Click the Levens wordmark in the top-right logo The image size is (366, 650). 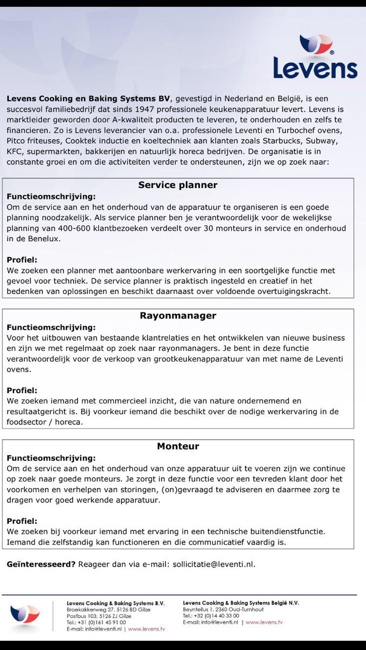(x=315, y=68)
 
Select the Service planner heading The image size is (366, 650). (x=178, y=185)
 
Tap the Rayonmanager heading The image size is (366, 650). (x=178, y=316)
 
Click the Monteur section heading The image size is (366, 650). (x=178, y=446)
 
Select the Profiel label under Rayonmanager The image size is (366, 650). (x=22, y=391)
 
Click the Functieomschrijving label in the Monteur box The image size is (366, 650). (x=51, y=458)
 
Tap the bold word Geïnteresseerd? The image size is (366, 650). (x=41, y=564)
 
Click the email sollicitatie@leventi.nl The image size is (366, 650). (x=213, y=564)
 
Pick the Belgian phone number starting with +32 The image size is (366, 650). (x=211, y=616)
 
